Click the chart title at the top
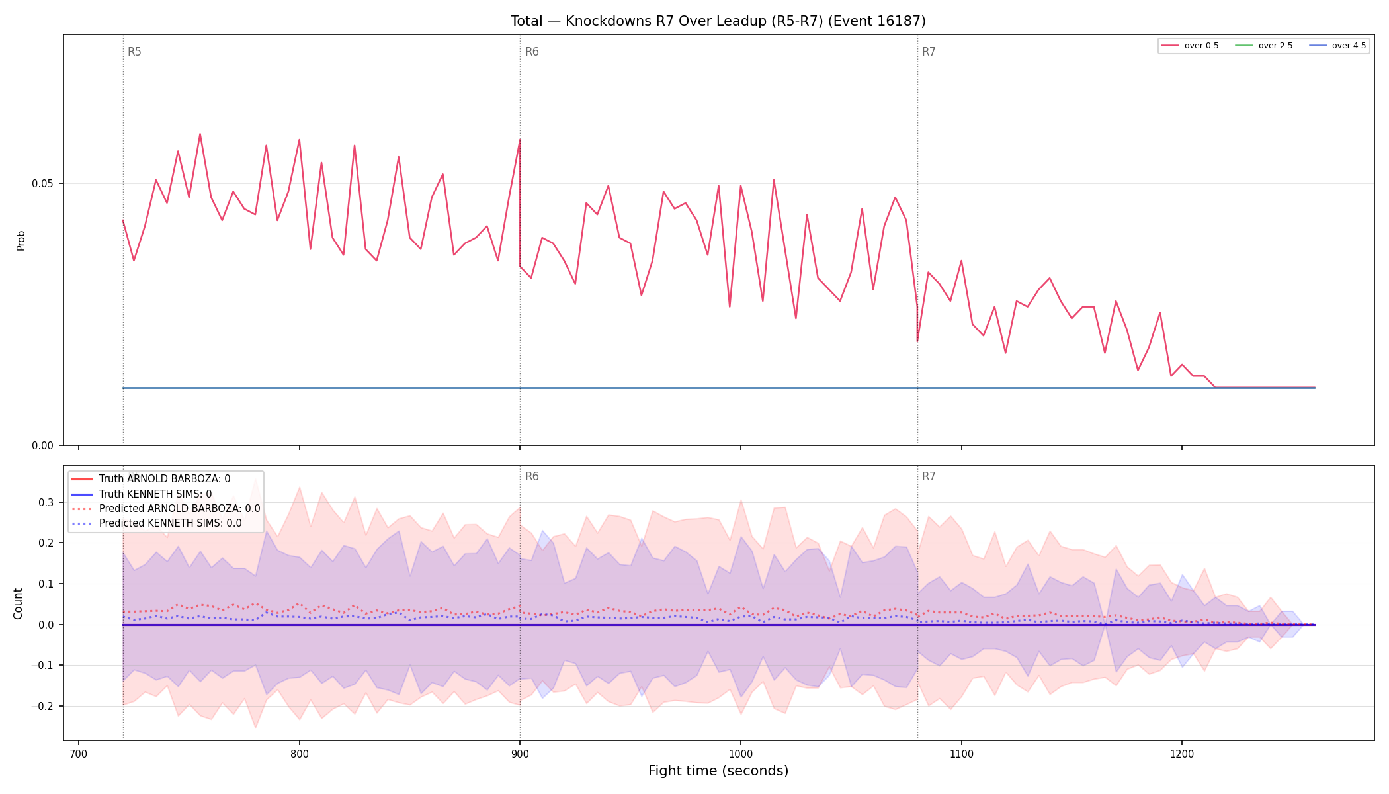coord(718,21)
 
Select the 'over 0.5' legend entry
coord(1190,46)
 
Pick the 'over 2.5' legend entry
coord(1264,46)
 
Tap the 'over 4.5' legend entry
coord(1337,46)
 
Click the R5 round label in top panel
coord(134,52)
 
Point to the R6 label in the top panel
coord(532,52)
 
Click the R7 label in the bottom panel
coord(929,476)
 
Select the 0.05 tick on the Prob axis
coord(42,183)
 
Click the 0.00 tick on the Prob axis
coord(42,445)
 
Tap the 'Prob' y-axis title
coord(21,240)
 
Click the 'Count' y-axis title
coord(18,603)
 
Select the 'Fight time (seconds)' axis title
coord(718,771)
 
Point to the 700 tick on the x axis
coord(79,753)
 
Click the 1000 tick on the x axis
coord(741,753)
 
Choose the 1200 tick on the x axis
coord(1182,753)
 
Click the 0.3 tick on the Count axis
coord(46,502)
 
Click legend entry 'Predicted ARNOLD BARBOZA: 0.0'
coord(165,509)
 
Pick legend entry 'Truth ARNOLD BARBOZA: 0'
coord(151,479)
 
